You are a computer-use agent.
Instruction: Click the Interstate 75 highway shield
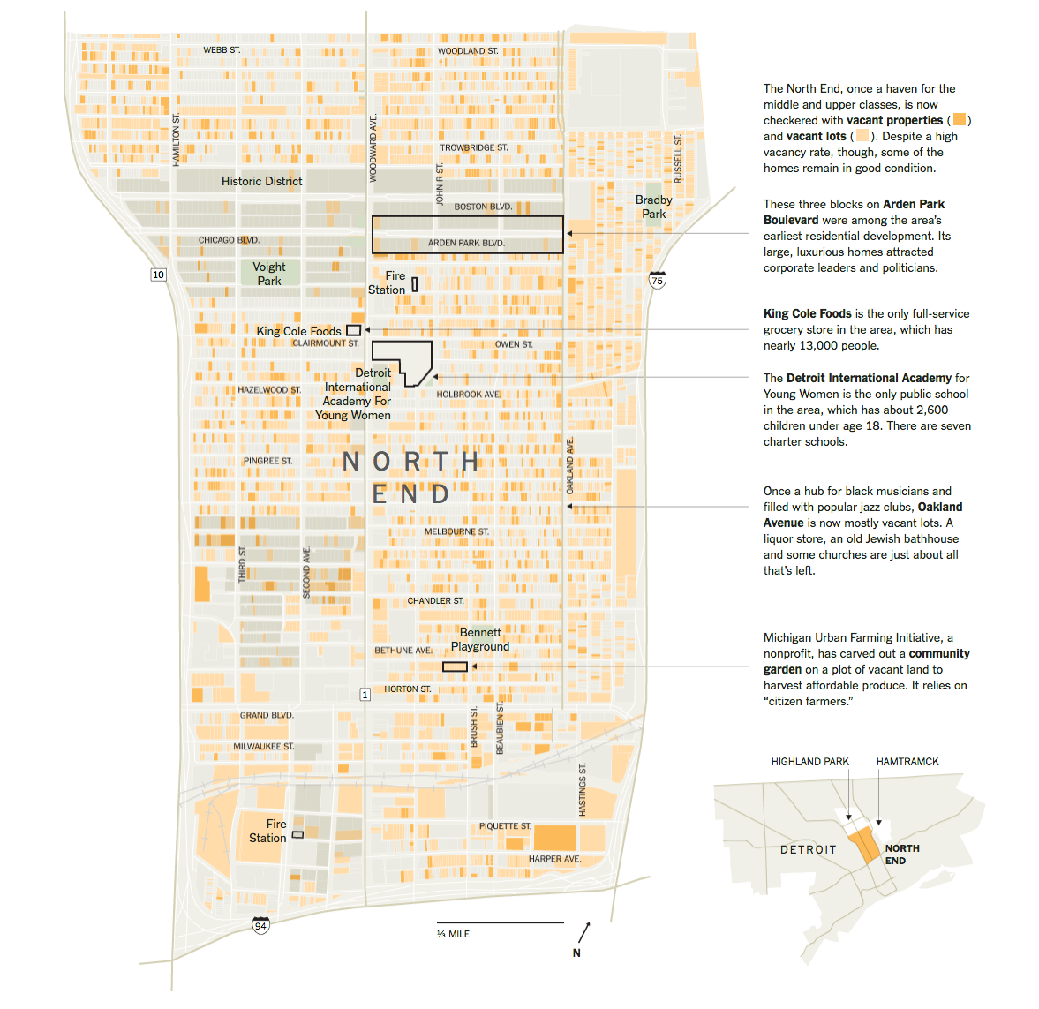pos(657,280)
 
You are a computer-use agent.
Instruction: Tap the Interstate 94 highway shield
pos(260,924)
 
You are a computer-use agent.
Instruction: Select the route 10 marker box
pos(159,275)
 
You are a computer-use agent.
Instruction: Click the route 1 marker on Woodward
pos(365,695)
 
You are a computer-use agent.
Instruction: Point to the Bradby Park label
pos(654,207)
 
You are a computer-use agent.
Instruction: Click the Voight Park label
pos(269,274)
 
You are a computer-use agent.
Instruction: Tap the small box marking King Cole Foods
pos(353,330)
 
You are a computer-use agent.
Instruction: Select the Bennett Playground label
pos(480,639)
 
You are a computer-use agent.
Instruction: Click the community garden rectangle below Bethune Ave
pos(455,666)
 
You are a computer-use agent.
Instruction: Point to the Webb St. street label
pos(222,50)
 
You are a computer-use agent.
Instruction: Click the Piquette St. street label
pos(505,826)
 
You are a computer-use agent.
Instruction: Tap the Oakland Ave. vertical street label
pos(570,465)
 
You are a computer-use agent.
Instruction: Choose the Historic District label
pos(261,181)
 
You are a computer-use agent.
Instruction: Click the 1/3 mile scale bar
pos(500,922)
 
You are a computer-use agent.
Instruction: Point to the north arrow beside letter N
pos(584,932)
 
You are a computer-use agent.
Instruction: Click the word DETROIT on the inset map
pos(808,849)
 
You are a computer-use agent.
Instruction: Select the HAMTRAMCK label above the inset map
pos(907,762)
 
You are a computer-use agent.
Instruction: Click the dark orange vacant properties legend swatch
pos(960,120)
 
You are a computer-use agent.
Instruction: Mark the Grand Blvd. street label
pos(267,715)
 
